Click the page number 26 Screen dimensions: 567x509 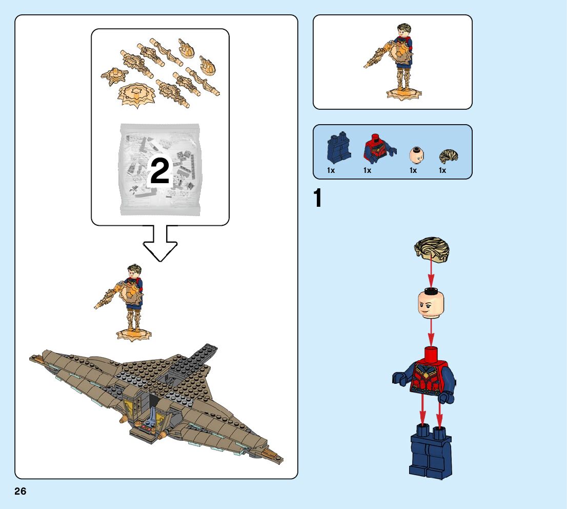[x=20, y=492]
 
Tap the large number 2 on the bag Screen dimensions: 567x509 [x=159, y=171]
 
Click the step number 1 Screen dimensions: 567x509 [x=318, y=199]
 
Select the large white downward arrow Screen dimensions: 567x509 [x=159, y=244]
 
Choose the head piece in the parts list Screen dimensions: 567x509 [x=416, y=154]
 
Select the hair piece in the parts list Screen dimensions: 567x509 [x=448, y=156]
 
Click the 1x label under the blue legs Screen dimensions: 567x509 [x=331, y=170]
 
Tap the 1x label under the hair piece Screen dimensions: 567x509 [x=442, y=170]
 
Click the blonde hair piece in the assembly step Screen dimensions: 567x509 [x=432, y=249]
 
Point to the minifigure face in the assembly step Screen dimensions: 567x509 [x=431, y=304]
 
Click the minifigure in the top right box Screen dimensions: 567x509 [x=397, y=61]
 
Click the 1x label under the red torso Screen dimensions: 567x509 [x=367, y=170]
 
